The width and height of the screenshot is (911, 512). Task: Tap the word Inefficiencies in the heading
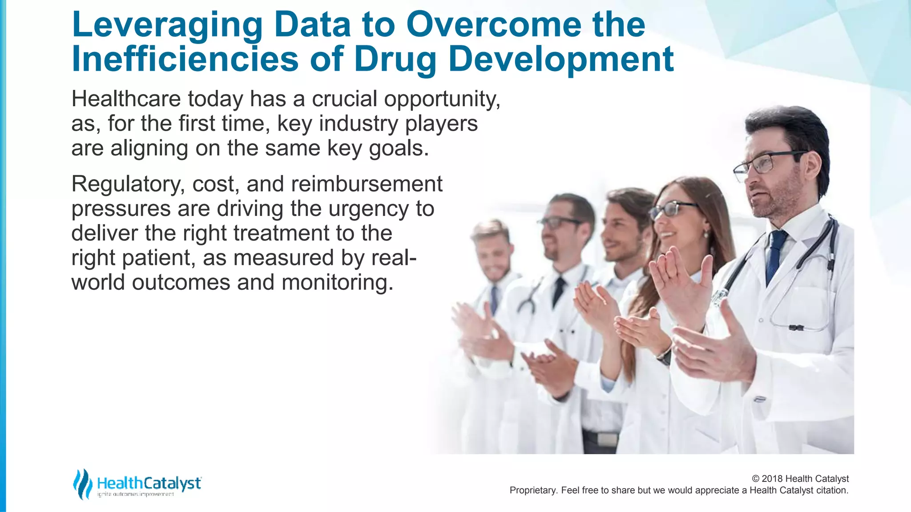pos(185,60)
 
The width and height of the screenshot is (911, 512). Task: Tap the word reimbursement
pos(367,184)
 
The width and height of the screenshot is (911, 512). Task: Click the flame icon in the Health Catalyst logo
pos(82,484)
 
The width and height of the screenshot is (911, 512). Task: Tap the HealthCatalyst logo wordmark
pos(149,484)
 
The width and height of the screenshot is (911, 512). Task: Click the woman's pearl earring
pos(706,233)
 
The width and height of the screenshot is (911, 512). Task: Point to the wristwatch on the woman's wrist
pos(665,356)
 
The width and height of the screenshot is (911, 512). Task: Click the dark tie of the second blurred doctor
pos(558,291)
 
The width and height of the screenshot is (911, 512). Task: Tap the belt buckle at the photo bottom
pos(607,439)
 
